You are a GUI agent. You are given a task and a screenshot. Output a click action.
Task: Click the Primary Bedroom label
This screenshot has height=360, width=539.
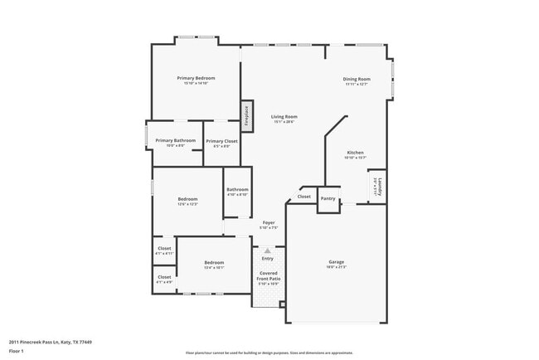[x=196, y=78]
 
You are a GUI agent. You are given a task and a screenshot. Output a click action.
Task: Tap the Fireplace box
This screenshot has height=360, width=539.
[x=246, y=115]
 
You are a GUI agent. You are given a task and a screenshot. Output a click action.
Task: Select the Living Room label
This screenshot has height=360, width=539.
[x=284, y=117]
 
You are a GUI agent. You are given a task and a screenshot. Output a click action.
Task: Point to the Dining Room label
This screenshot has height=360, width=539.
[x=357, y=79]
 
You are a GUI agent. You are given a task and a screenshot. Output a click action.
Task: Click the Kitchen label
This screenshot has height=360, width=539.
[x=355, y=153]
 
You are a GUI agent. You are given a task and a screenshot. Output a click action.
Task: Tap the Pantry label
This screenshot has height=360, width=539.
[x=328, y=198]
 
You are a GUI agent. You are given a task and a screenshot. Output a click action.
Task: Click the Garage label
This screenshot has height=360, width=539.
[x=336, y=262]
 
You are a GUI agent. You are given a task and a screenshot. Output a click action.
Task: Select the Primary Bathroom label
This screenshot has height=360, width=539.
[x=175, y=140]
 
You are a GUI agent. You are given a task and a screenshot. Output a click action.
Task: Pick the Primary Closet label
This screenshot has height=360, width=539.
[x=221, y=141]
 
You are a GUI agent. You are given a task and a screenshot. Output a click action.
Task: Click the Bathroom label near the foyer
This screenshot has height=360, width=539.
[x=237, y=189]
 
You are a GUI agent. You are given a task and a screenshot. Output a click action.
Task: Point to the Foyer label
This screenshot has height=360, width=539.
[x=269, y=222]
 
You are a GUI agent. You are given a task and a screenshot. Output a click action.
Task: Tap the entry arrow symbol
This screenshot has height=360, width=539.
[x=267, y=249]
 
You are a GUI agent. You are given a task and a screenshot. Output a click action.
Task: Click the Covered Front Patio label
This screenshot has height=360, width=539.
[x=267, y=275]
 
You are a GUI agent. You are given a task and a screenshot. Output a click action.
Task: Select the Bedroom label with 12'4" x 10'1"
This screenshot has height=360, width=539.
[x=214, y=263]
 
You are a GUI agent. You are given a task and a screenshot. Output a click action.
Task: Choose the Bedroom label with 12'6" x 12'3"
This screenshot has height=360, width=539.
[x=187, y=199]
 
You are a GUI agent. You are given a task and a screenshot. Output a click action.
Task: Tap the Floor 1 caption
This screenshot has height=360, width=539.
[x=18, y=351]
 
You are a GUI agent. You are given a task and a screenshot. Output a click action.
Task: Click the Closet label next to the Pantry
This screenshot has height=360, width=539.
[x=303, y=197]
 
